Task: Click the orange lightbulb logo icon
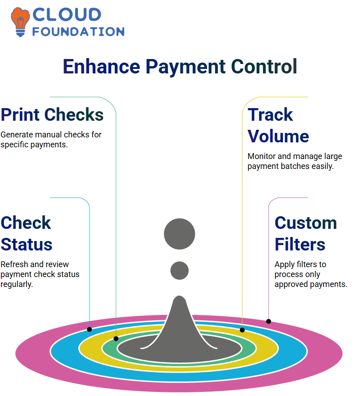pos(20,22)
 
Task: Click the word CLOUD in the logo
pos(67,14)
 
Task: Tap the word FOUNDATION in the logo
pos(78,32)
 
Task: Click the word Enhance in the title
pos(101,66)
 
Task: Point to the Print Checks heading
pos(52,114)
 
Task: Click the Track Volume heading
pos(278,125)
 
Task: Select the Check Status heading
pos(27,234)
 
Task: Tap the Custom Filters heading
pos(306,234)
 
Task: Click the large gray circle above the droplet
pos(180,234)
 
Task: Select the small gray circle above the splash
pos(180,270)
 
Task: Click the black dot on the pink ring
pos(269,322)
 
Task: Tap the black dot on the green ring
pos(116,339)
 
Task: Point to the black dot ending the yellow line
pos(242,330)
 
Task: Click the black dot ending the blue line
pos(89,329)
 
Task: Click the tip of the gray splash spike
pos(180,296)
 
